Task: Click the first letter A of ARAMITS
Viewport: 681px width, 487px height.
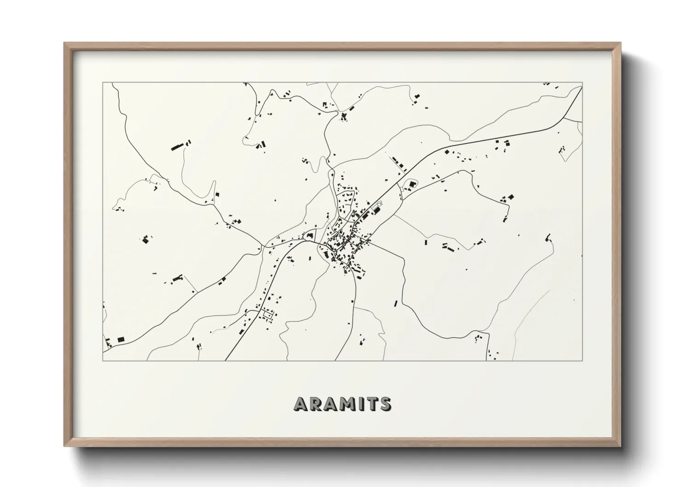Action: pyautogui.click(x=301, y=404)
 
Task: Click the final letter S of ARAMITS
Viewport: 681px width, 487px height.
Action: pyautogui.click(x=384, y=404)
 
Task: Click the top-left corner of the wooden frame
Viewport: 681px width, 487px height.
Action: pyautogui.click(x=65, y=43)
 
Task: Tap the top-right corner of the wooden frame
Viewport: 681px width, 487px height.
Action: pyautogui.click(x=620, y=43)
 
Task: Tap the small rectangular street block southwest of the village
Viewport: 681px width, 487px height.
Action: pyautogui.click(x=266, y=315)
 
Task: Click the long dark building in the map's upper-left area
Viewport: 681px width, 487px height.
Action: pyautogui.click(x=177, y=147)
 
